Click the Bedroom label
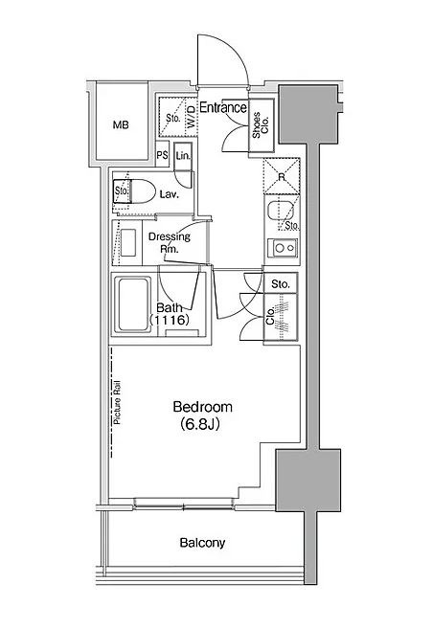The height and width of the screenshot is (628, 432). tap(202, 407)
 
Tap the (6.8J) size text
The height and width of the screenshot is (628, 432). tap(200, 424)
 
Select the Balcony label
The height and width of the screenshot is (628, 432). tap(202, 543)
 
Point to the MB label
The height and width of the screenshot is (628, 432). tap(121, 125)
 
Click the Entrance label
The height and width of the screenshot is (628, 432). tap(223, 107)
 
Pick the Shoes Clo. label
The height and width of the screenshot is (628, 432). tap(261, 125)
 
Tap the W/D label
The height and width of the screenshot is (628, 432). tap(192, 117)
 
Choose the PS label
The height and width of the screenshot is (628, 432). tap(162, 154)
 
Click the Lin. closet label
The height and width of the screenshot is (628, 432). tap(183, 155)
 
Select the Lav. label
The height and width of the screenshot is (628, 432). tap(170, 195)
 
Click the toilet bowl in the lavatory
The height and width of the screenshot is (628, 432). tap(143, 191)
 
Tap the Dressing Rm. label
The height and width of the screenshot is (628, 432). tap(170, 242)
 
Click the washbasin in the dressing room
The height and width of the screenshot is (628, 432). tap(128, 242)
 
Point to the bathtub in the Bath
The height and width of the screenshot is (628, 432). tap(132, 304)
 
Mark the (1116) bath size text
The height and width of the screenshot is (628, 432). tap(169, 320)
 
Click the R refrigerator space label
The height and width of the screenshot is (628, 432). tap(282, 176)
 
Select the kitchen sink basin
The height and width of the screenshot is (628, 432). tap(277, 212)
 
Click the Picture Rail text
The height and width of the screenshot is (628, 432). tap(118, 402)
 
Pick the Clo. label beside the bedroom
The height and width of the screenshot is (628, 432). tap(270, 316)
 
